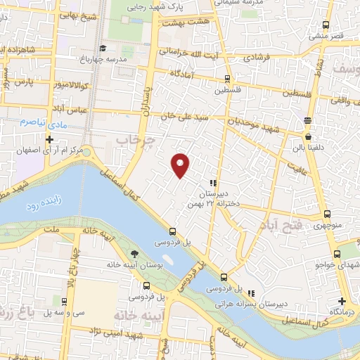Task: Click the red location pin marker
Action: pyautogui.click(x=181, y=165)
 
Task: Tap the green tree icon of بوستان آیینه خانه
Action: pyautogui.click(x=134, y=254)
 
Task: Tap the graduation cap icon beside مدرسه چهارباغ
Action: pyautogui.click(x=103, y=48)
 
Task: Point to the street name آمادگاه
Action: pyautogui.click(x=182, y=73)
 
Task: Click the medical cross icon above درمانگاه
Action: pyautogui.click(x=342, y=300)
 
